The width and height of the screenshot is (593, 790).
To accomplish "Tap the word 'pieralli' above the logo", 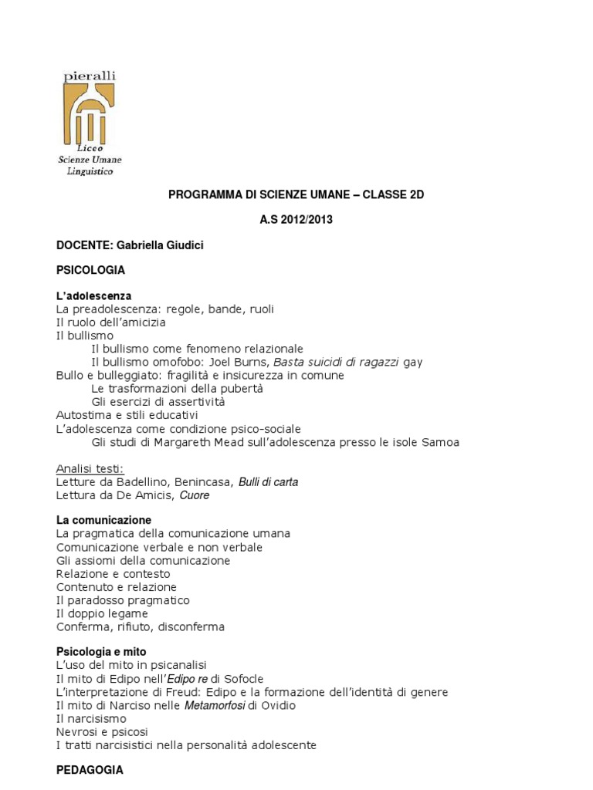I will [90, 76].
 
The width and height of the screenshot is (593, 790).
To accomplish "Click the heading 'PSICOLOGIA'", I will [90, 270].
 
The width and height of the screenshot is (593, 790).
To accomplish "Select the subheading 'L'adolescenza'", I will [93, 295].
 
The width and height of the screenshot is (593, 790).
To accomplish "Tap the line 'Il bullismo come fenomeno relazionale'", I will [197, 349].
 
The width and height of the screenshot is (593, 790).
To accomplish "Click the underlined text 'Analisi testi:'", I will [90, 469].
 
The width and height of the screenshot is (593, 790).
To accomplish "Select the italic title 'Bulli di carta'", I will [268, 482].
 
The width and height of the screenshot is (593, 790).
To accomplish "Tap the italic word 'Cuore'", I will [195, 495].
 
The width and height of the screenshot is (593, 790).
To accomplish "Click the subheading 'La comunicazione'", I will [103, 520].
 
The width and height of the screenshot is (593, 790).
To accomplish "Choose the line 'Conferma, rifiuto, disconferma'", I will [141, 626].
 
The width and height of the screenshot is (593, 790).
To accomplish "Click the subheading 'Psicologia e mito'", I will [101, 652].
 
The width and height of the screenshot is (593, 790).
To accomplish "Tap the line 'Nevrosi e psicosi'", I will [103, 731].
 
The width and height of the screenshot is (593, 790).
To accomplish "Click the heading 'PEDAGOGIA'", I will [90, 770].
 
